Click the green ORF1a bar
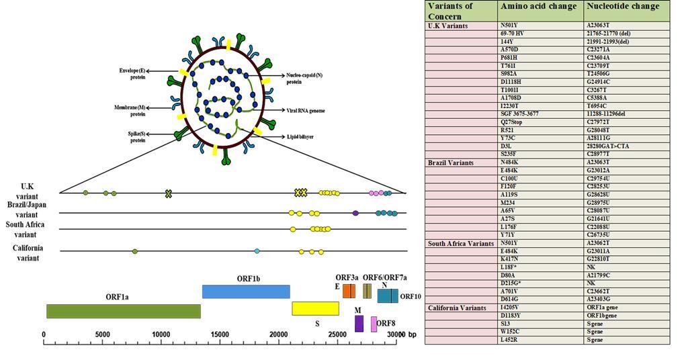[x=122, y=311]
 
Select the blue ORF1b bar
[x=246, y=291]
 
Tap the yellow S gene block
[x=315, y=308]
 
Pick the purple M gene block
[x=359, y=324]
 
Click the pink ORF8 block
[x=374, y=324]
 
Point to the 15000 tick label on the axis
[x=220, y=334]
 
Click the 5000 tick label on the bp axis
[x=102, y=334]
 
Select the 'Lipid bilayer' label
[x=300, y=136]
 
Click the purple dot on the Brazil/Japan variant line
[x=355, y=213]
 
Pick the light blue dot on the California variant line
[x=257, y=251]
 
